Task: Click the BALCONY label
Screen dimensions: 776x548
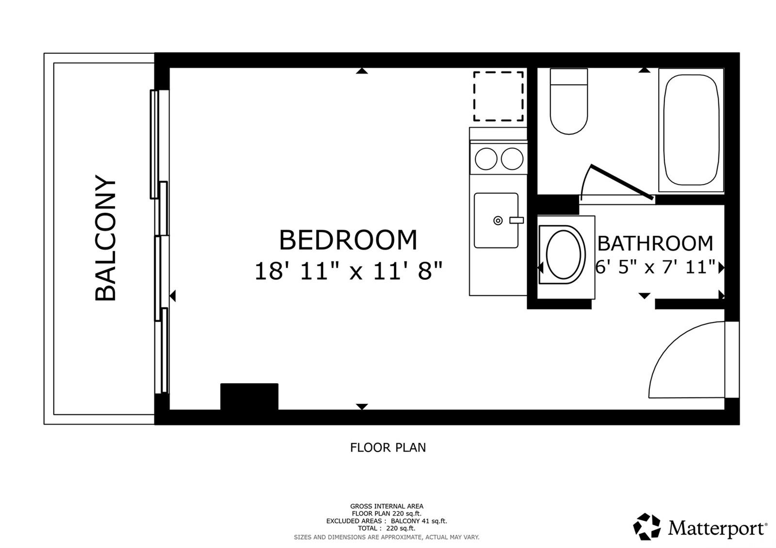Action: [x=105, y=238]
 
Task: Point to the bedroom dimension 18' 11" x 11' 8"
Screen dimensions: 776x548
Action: [x=349, y=271]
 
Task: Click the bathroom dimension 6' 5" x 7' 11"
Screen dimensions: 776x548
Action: [x=655, y=267]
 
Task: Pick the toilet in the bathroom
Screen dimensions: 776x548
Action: [x=569, y=101]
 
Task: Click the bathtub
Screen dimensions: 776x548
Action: [x=691, y=130]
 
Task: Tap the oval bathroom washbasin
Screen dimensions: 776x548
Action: [x=563, y=255]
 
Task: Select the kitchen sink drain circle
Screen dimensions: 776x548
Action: [x=498, y=220]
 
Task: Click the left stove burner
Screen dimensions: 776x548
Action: [x=486, y=159]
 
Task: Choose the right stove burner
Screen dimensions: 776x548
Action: [x=512, y=159]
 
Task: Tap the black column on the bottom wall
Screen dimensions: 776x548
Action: [x=249, y=396]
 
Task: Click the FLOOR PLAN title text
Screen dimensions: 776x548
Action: [x=388, y=448]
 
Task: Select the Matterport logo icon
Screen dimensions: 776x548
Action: [x=647, y=527]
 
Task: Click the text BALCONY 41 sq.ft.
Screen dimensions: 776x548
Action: [x=419, y=521]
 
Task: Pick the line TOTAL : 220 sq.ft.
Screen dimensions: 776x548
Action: [x=386, y=528]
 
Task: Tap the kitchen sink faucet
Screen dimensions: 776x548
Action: [x=516, y=220]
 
